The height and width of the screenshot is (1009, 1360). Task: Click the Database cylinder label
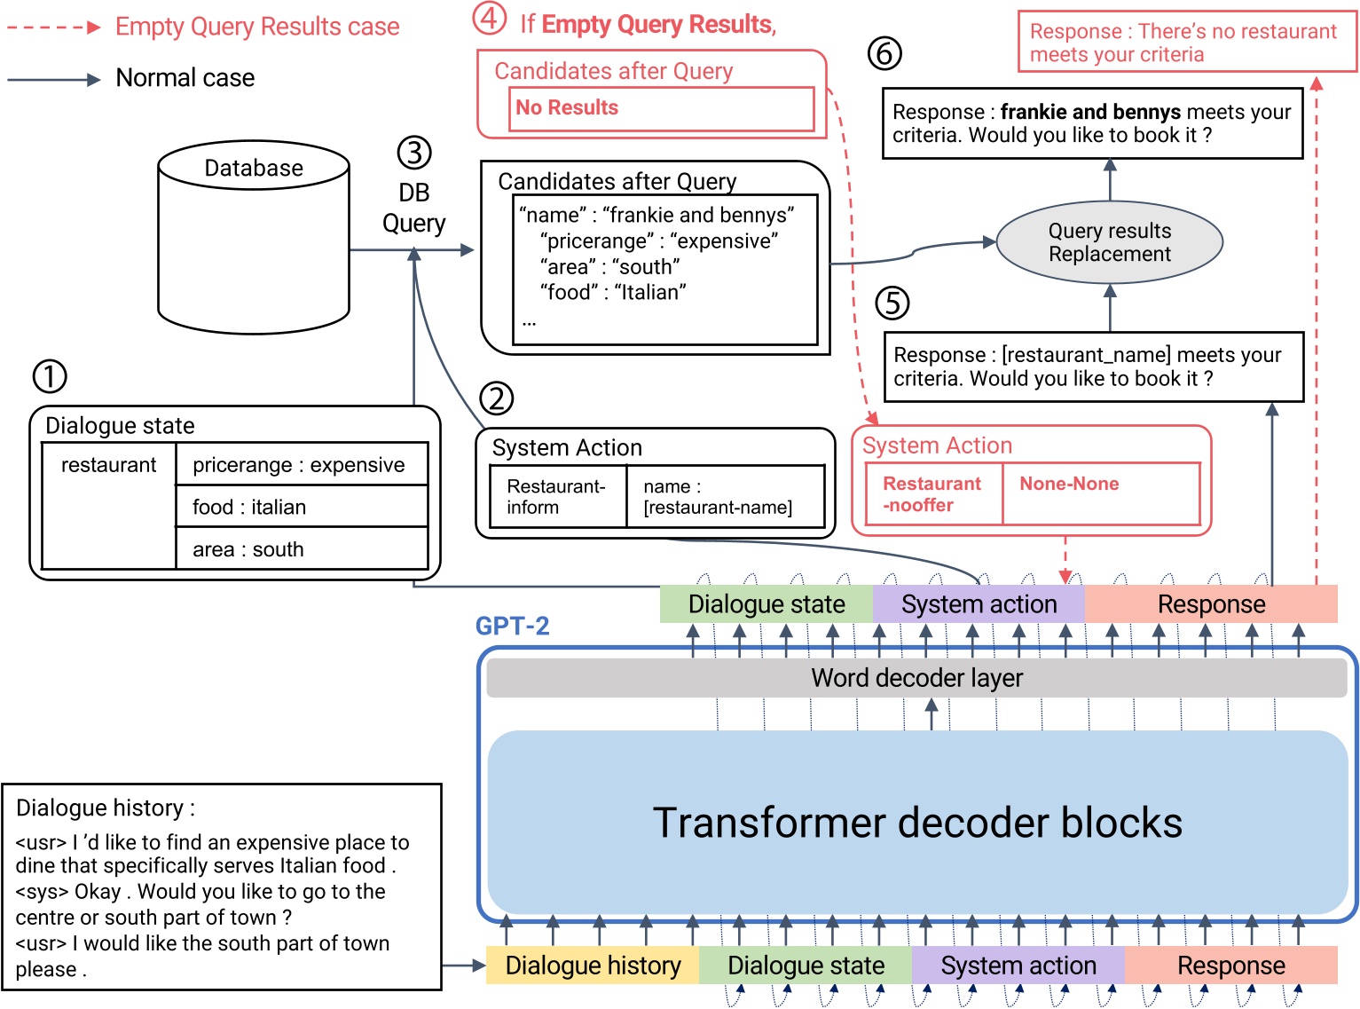pos(254,168)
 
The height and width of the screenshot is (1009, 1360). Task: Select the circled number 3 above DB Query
pos(413,153)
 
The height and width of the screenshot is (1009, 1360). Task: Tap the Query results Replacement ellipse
pos(1109,242)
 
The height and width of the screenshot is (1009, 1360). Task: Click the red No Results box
pos(661,108)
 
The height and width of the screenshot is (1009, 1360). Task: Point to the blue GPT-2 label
pos(512,626)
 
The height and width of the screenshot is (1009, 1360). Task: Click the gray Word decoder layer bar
pos(916,678)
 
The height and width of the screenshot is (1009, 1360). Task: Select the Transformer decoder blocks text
pos(916,823)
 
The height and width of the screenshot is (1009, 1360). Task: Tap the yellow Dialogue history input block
pos(593,966)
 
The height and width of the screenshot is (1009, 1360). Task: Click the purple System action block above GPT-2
pos(979,604)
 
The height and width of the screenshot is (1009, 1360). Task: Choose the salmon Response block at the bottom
pos(1230,966)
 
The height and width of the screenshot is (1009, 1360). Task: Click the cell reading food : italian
pos(302,507)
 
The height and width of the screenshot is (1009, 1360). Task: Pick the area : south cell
pos(302,549)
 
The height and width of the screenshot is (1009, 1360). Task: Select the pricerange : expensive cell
pos(302,465)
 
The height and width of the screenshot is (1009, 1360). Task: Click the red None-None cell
pos(1100,493)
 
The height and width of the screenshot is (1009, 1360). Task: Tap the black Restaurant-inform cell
pos(558,497)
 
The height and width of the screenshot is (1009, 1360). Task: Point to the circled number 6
pos(884,54)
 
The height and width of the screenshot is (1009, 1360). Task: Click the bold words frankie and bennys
pos(1089,112)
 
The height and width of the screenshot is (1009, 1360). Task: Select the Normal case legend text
pos(185,78)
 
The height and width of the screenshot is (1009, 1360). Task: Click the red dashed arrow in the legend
pos(53,28)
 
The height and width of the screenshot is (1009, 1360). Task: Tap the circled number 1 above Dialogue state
pos(50,376)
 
